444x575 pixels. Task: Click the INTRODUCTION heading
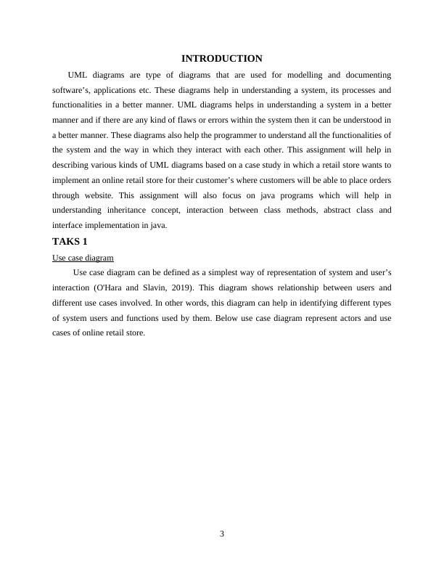pyautogui.click(x=221, y=58)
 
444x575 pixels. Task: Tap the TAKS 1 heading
pyautogui.click(x=70, y=241)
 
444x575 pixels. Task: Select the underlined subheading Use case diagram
pyautogui.click(x=83, y=258)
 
